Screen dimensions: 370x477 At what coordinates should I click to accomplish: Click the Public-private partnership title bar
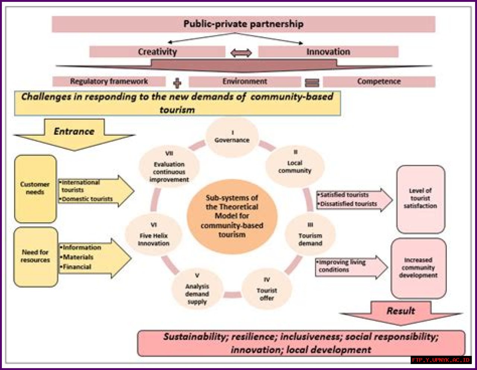pos(243,24)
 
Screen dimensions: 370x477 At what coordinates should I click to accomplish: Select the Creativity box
pos(157,52)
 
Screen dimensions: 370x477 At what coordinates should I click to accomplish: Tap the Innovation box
pos(328,52)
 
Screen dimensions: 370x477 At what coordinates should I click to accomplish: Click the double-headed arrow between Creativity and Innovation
pos(241,53)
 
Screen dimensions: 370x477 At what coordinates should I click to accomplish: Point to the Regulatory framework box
pos(109,82)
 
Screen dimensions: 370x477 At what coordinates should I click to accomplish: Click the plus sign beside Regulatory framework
pos(177,83)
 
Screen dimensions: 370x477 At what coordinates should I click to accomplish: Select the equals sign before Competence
pos(312,83)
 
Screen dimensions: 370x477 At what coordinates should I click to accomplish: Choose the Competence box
pos(379,82)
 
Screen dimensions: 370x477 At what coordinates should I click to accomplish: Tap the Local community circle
pos(294,166)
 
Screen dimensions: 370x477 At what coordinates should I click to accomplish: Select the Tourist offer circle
pos(266,289)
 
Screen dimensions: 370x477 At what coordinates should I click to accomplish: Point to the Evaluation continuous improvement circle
pos(169,168)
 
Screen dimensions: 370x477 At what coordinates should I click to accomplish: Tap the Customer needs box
pos(35,189)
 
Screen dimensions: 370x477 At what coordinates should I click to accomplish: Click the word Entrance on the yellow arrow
pos(74,131)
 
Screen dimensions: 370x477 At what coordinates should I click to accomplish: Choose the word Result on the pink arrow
pos(401,311)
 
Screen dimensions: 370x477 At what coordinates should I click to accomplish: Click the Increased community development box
pos(418,268)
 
